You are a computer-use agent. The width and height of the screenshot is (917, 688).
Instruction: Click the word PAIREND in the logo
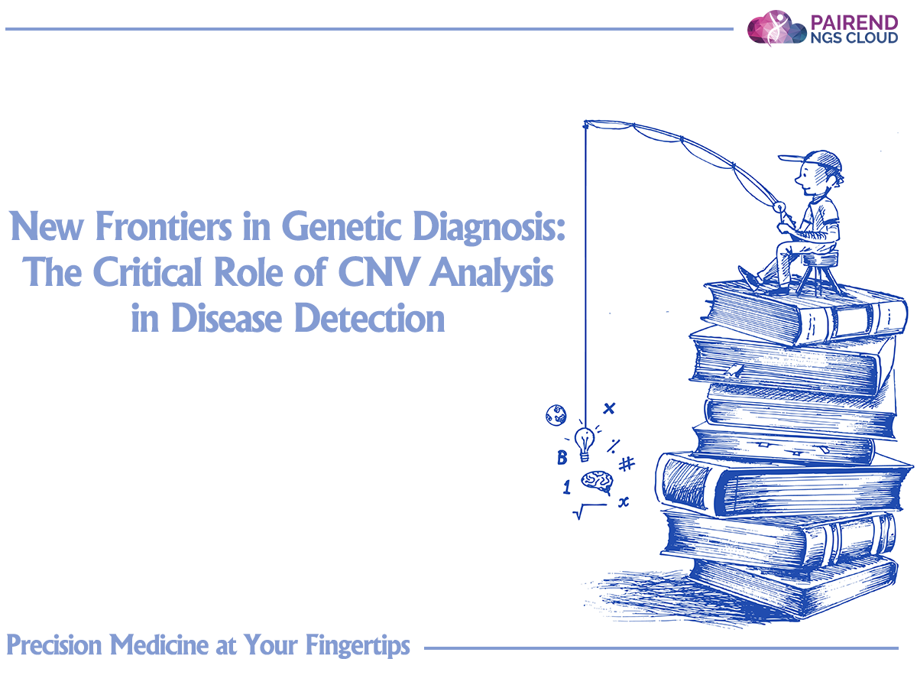tap(854, 22)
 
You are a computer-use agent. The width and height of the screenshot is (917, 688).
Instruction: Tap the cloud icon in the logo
tap(776, 28)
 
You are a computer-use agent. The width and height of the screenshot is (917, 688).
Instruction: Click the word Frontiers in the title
tap(164, 226)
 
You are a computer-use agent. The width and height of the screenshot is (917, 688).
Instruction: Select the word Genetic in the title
tap(342, 226)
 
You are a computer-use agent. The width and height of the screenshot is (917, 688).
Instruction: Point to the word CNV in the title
tap(378, 272)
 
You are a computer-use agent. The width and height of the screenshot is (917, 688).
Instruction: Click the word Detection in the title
tap(370, 318)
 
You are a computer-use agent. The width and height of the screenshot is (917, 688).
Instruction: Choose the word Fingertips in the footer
tap(358, 646)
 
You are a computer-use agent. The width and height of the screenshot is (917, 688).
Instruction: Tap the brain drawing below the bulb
tap(598, 482)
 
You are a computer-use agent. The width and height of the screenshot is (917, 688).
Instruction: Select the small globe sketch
tap(556, 415)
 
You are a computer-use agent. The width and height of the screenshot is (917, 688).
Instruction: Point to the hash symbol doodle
tap(626, 464)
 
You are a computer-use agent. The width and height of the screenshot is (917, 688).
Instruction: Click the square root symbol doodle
tap(590, 511)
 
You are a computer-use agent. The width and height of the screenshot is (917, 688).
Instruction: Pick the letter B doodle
tap(562, 457)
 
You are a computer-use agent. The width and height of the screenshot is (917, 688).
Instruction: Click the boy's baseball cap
tap(812, 160)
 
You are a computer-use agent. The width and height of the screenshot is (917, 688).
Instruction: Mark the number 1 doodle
tap(566, 487)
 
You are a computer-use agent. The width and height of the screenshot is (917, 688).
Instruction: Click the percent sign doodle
tap(614, 446)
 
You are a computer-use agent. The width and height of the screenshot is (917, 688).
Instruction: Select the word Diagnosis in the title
tap(489, 226)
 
